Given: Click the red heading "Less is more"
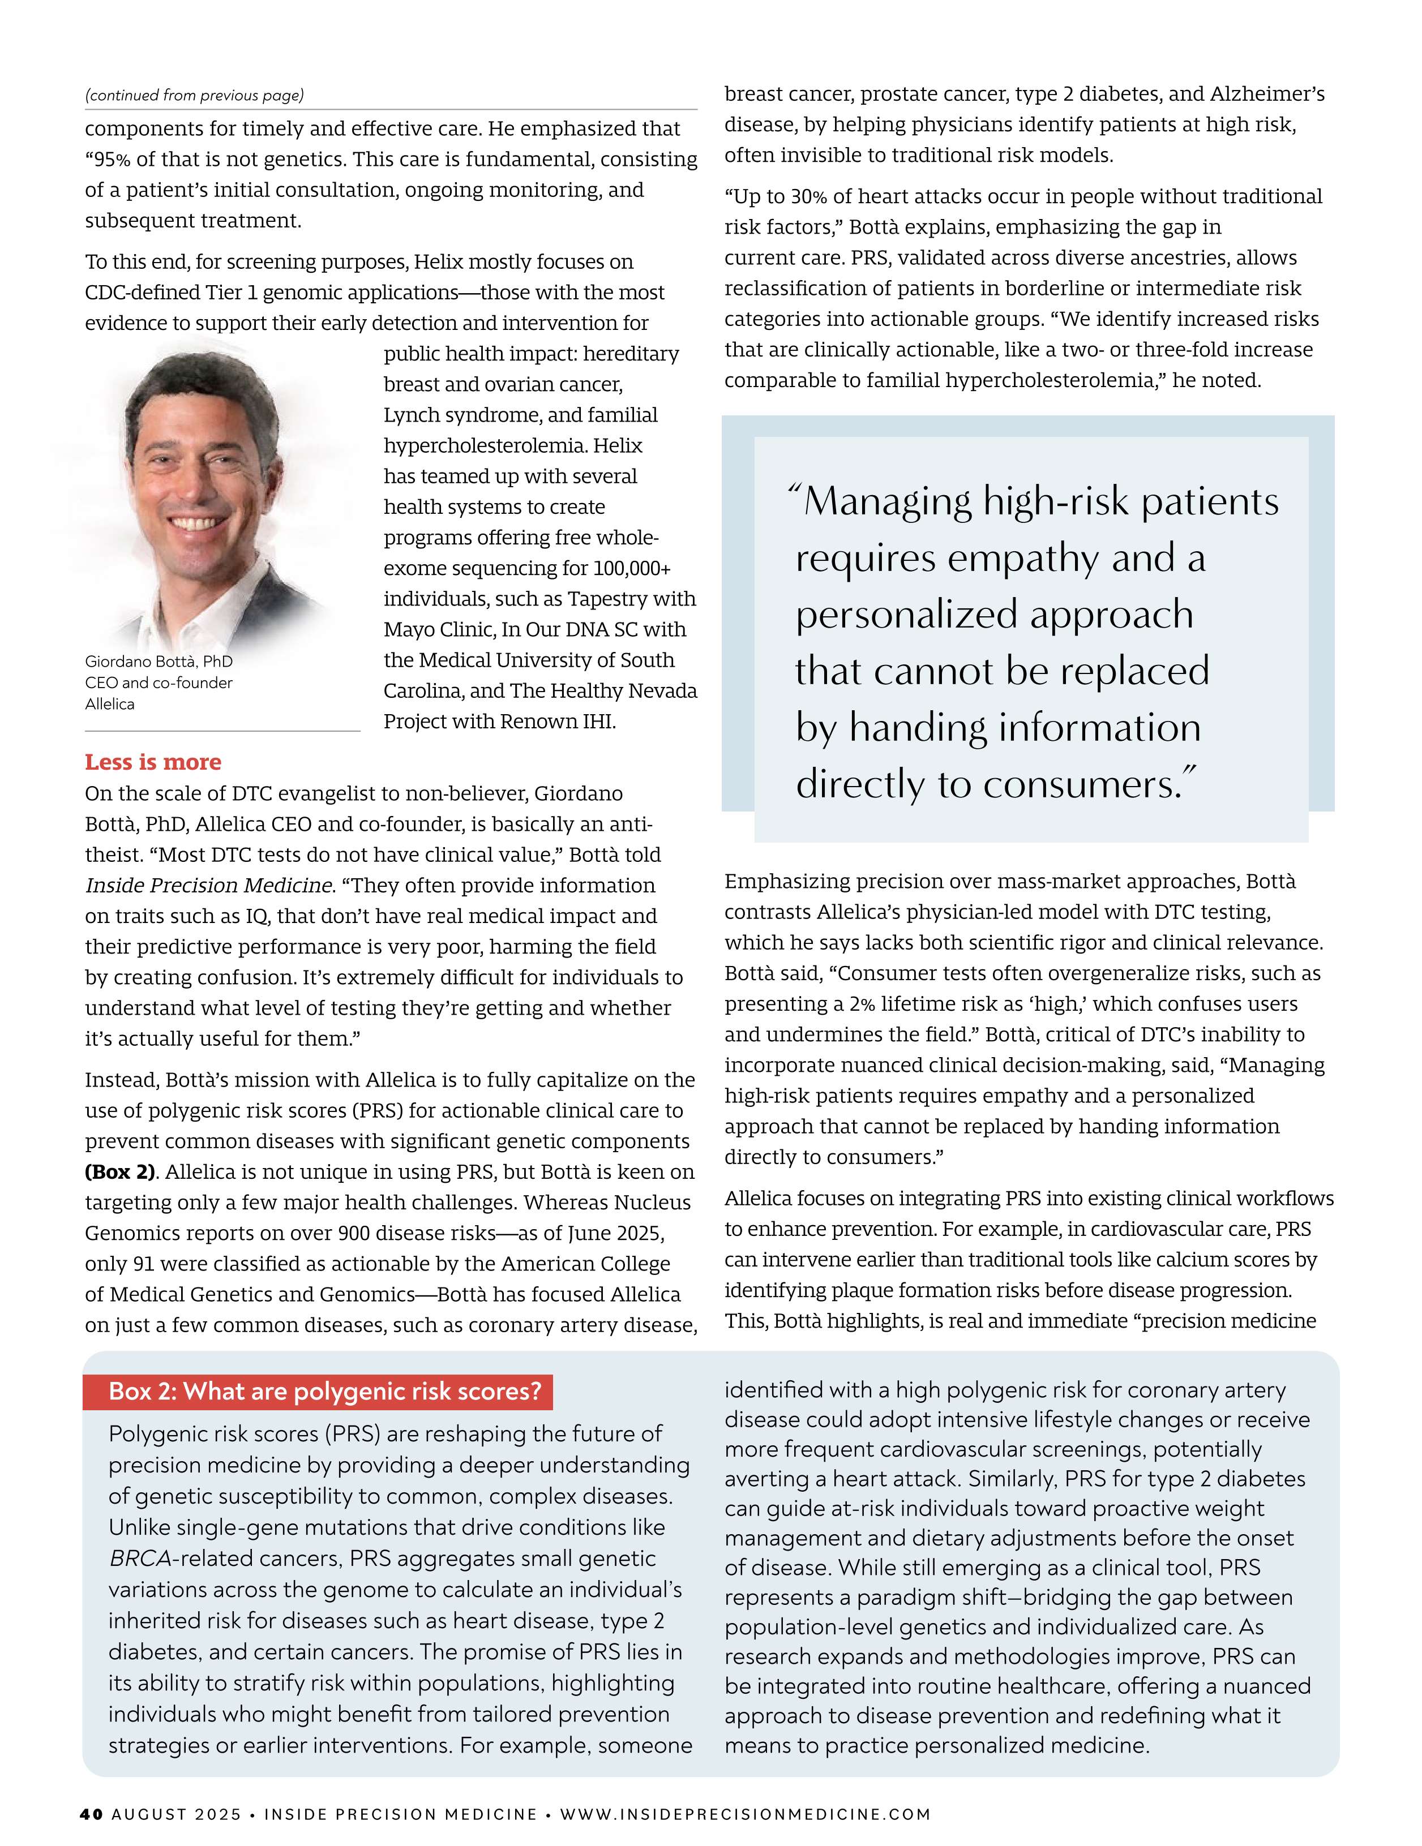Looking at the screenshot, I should tap(153, 762).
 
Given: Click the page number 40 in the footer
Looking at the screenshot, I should tap(91, 1814).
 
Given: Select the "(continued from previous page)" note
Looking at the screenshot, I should tap(194, 95).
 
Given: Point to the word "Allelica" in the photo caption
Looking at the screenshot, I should tap(110, 703).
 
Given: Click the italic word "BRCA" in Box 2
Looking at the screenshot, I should tap(139, 1558).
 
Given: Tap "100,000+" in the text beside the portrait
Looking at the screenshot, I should tap(632, 568).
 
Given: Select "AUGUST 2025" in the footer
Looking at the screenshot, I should tap(176, 1814).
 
